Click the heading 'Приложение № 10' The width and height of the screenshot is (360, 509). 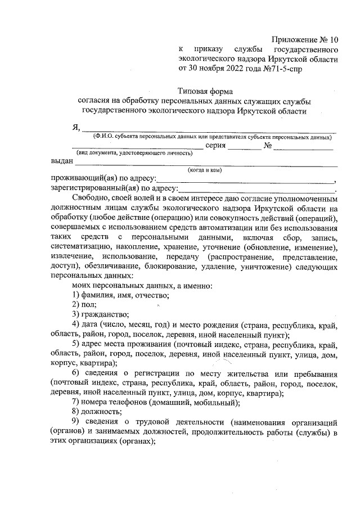305,39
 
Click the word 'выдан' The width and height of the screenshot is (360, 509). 61,162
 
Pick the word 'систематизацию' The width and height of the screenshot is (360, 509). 80,247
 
